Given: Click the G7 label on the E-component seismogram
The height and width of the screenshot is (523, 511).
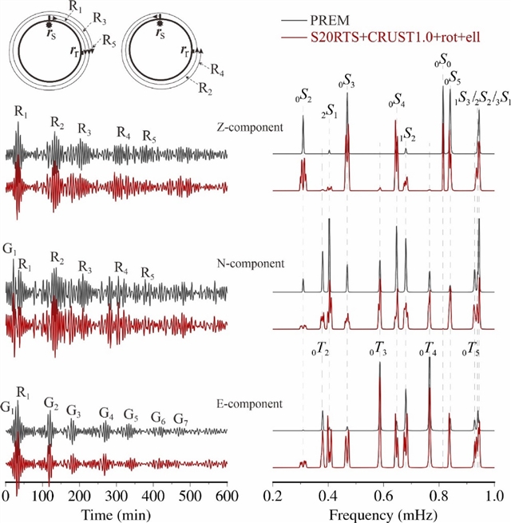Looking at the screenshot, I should pyautogui.click(x=181, y=420).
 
